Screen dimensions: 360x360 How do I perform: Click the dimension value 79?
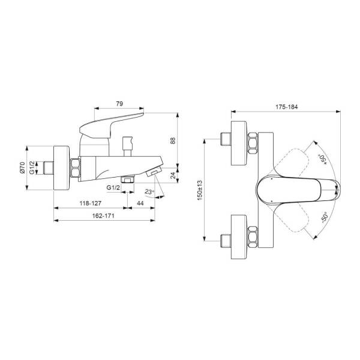[x=119, y=104]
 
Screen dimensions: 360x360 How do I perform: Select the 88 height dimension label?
[x=173, y=140]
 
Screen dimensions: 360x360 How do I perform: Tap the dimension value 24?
[x=174, y=175]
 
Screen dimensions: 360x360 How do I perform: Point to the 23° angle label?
[x=149, y=191]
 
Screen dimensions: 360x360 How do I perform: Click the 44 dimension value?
[x=140, y=203]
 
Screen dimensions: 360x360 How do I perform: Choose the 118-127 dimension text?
[x=91, y=203]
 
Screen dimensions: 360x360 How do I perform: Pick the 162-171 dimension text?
[x=103, y=216]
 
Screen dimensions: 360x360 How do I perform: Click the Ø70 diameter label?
[x=22, y=167]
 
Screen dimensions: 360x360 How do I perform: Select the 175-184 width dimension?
[x=287, y=107]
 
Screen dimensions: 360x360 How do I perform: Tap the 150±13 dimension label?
[x=200, y=190]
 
